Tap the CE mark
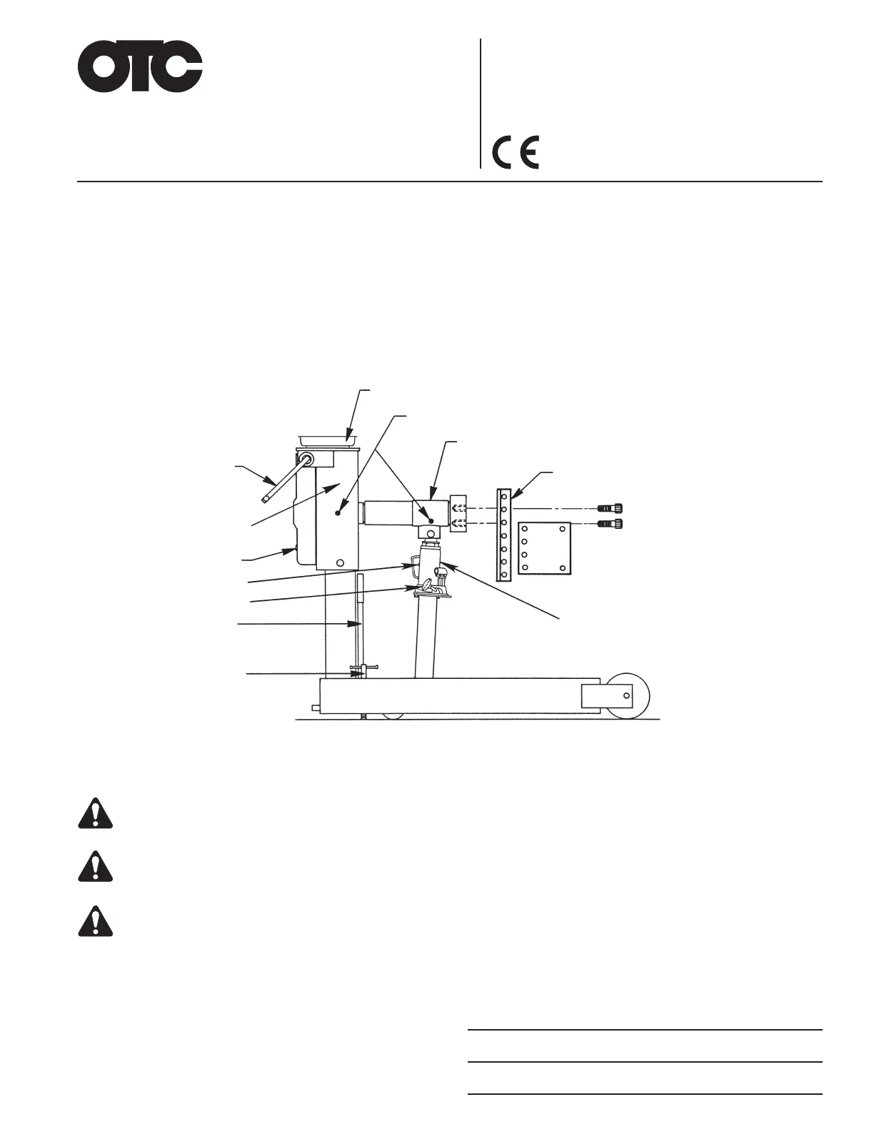point(516,152)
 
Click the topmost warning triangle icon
point(96,813)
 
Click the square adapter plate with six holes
point(543,548)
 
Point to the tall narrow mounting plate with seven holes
point(504,535)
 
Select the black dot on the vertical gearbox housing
point(337,512)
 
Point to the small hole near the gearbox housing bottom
point(340,562)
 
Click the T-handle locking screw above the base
point(364,670)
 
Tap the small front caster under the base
point(392,715)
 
